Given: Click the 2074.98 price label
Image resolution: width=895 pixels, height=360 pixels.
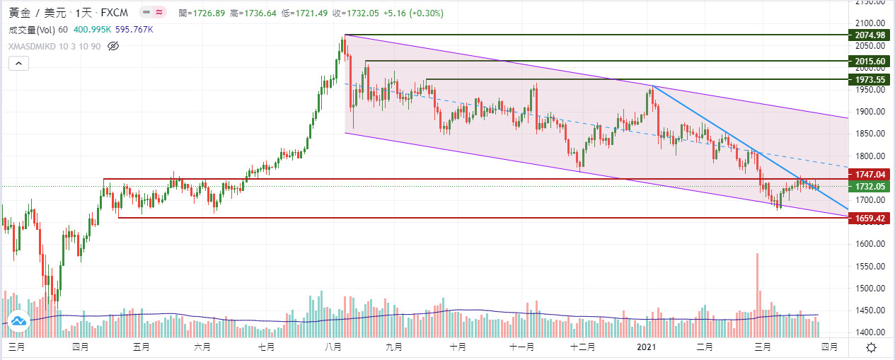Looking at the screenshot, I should pyautogui.click(x=870, y=35).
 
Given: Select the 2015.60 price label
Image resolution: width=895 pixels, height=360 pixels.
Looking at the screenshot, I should pyautogui.click(x=870, y=62).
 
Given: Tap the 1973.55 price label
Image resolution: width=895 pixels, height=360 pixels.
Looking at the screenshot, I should pyautogui.click(x=870, y=80).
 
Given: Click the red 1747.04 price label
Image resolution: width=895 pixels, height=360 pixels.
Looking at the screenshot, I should pyautogui.click(x=870, y=174).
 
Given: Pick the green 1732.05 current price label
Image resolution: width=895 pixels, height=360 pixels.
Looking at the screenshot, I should pyautogui.click(x=870, y=186).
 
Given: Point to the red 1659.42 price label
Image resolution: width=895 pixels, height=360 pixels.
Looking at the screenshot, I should pyautogui.click(x=870, y=219).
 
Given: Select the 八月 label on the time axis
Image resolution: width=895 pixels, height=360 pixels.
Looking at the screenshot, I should pyautogui.click(x=333, y=347).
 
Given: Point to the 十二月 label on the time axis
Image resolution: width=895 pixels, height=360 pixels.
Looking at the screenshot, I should pyautogui.click(x=582, y=347).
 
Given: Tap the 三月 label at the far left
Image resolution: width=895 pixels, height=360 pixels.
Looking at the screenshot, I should pyautogui.click(x=17, y=347).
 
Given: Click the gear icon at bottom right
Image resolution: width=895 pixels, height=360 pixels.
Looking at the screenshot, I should pyautogui.click(x=872, y=347).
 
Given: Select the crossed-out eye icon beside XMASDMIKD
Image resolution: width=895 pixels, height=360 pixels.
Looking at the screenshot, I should pyautogui.click(x=113, y=46).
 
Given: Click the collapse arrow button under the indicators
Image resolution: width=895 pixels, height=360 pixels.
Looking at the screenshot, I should pyautogui.click(x=18, y=63).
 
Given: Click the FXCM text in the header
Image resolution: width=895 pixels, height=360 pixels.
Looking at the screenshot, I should pyautogui.click(x=115, y=13).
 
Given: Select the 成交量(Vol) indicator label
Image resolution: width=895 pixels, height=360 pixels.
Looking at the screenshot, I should pyautogui.click(x=32, y=30).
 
